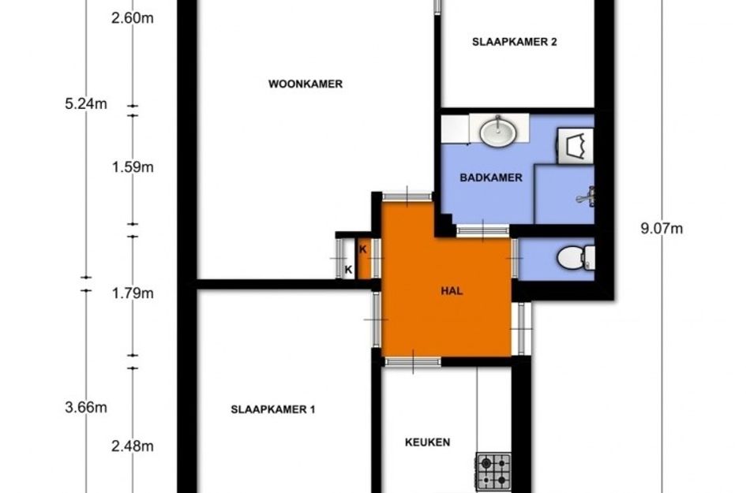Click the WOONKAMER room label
point(306,84)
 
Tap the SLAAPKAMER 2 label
point(514,42)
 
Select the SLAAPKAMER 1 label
point(273,409)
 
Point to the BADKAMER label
point(491,177)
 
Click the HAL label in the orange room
point(452,291)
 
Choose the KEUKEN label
point(427,443)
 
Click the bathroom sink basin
point(498,131)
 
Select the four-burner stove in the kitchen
point(493,471)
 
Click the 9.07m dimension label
point(662,229)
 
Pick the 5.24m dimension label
point(86,103)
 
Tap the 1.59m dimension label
point(133,167)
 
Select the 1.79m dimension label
point(133,293)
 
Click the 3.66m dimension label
point(86,408)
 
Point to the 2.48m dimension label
point(133,446)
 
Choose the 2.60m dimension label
point(133,19)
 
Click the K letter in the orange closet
point(363,249)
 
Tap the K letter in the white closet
point(348,270)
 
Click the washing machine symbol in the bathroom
point(575,146)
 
